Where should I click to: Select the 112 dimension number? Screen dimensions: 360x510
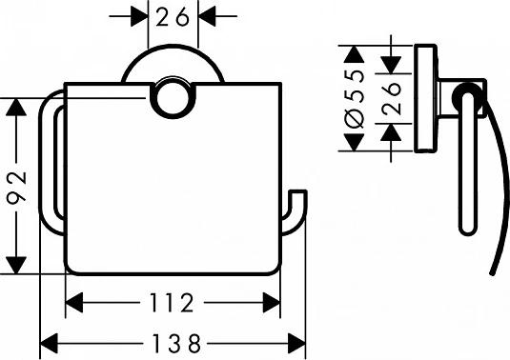point(173,304)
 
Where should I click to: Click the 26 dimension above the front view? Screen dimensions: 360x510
point(172,16)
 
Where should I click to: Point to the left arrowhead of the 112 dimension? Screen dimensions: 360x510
point(73,304)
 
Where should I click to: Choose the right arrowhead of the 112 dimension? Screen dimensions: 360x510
point(275,304)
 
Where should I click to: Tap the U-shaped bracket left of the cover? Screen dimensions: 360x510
point(50,162)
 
